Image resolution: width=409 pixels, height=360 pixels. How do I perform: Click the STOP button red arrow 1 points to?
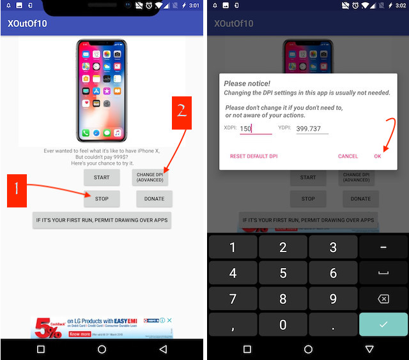[x=102, y=199]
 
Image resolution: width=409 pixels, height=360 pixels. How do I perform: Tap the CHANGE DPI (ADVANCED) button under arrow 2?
[x=150, y=177]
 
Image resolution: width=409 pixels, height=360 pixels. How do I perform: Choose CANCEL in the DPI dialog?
[x=348, y=156]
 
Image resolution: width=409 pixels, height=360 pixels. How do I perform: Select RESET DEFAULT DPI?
[x=254, y=156]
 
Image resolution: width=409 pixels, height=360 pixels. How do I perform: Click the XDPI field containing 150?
[x=255, y=128]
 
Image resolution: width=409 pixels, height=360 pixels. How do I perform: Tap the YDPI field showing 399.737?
[x=312, y=128]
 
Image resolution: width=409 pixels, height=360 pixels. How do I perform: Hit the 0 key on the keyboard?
[x=283, y=324]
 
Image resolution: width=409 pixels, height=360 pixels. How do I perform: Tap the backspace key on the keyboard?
[x=383, y=299]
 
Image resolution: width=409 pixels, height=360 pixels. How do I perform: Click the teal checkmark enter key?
[x=383, y=324]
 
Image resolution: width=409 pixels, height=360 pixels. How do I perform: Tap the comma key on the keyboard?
[x=233, y=324]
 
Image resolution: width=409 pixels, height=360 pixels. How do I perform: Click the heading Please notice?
[x=247, y=84]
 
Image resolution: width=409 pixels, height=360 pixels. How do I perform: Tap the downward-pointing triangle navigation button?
[x=369, y=349]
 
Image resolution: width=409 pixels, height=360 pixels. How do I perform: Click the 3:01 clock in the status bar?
[x=194, y=6]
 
